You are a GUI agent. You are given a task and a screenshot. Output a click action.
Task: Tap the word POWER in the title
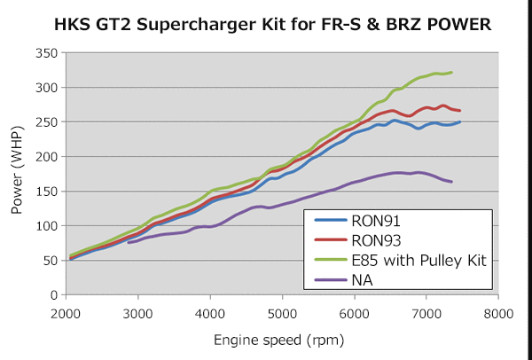[x=457, y=26]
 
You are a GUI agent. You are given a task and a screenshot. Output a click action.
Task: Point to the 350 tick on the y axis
[x=47, y=54]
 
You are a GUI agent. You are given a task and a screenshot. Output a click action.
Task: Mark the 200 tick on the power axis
[x=47, y=157]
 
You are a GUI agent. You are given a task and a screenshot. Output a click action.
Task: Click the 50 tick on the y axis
[x=51, y=260]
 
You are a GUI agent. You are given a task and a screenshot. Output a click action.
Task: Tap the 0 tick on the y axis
[x=54, y=294]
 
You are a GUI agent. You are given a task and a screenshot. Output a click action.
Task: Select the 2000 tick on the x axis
[x=66, y=313]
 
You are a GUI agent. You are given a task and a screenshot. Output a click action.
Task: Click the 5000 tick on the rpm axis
[x=282, y=313]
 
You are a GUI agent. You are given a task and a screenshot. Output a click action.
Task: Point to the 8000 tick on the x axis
[x=497, y=313]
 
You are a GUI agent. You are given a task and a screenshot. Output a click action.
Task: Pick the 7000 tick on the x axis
[x=426, y=313]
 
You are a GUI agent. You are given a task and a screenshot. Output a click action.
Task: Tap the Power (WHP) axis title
[x=17, y=175]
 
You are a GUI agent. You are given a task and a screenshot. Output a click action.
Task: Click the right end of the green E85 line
[x=451, y=73]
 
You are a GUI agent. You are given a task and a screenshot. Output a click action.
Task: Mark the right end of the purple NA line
[x=451, y=182]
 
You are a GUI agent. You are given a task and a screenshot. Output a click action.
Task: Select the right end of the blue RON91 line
[x=459, y=122]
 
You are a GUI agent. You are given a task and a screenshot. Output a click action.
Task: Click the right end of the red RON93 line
[x=459, y=111]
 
